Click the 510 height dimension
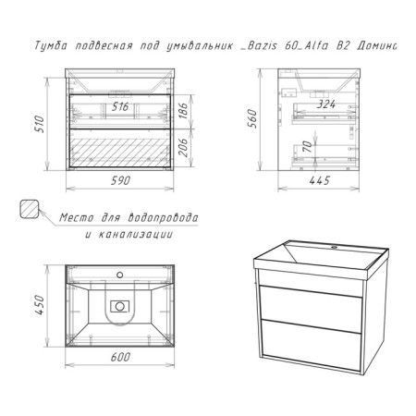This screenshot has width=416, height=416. [x=40, y=124]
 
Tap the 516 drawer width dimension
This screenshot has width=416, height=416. [x=120, y=106]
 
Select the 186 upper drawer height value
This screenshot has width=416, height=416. [x=183, y=111]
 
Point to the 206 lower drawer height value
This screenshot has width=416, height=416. [x=183, y=147]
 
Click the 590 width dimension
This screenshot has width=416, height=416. [x=120, y=180]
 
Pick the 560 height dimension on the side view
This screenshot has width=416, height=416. [x=251, y=118]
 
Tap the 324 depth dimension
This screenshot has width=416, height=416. [x=326, y=104]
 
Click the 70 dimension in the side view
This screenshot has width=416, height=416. [x=307, y=146]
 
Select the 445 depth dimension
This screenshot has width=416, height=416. [x=320, y=180]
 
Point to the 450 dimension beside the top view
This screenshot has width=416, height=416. [x=40, y=305]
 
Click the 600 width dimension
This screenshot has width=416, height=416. [x=120, y=357]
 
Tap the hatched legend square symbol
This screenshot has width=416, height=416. [x=30, y=209]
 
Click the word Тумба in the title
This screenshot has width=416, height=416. [x=50, y=45]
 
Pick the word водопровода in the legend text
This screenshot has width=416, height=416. [x=163, y=217]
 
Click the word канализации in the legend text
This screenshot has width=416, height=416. [x=136, y=235]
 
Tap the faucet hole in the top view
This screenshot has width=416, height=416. [x=120, y=275]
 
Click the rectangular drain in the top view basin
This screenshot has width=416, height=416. [x=120, y=306]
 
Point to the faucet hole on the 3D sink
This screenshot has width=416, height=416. [x=334, y=247]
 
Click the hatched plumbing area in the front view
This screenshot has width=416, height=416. [x=120, y=153]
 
